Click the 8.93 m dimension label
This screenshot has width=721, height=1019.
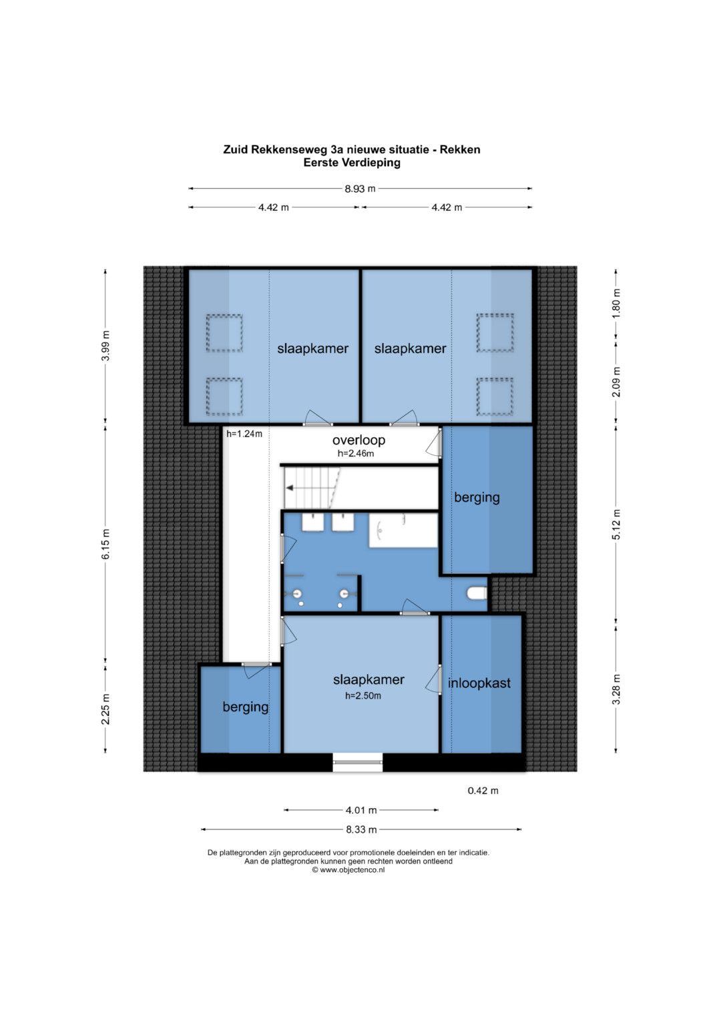point(360,188)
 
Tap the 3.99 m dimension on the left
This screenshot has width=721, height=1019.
point(105,345)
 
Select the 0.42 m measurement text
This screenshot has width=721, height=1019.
point(483,791)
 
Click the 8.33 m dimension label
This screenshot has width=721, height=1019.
point(361,829)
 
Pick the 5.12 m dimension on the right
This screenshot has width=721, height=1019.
point(616,525)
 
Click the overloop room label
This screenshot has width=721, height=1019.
point(358,440)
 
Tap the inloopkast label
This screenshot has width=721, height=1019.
point(479,683)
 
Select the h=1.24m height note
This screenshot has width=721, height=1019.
point(244,434)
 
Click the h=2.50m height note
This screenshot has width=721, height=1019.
point(363,695)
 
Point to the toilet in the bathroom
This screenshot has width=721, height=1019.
point(477,593)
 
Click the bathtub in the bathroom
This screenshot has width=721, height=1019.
point(403,531)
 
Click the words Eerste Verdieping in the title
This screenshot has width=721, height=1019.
point(352,162)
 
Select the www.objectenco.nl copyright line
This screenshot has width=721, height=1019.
point(348,870)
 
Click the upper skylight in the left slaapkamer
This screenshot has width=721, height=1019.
point(224,334)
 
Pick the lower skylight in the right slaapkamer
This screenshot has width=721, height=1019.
point(495,396)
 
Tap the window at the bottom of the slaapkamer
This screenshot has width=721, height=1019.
point(357,762)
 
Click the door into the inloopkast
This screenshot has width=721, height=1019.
point(434,679)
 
